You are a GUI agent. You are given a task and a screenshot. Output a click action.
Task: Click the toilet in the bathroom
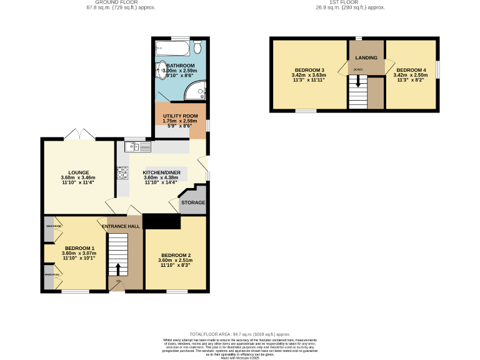(197, 47)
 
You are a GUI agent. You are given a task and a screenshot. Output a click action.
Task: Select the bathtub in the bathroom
(173, 47)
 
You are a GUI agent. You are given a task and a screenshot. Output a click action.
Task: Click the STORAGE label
(193, 203)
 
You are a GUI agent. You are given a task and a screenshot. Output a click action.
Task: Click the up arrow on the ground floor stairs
(118, 269)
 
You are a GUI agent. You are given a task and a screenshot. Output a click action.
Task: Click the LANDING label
(366, 57)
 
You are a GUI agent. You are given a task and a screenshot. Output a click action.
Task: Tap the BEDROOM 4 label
(411, 69)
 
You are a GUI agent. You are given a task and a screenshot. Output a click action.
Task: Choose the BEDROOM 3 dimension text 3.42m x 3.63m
(309, 75)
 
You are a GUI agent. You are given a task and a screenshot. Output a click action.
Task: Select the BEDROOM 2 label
(176, 255)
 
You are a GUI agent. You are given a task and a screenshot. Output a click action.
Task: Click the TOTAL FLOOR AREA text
(240, 334)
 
